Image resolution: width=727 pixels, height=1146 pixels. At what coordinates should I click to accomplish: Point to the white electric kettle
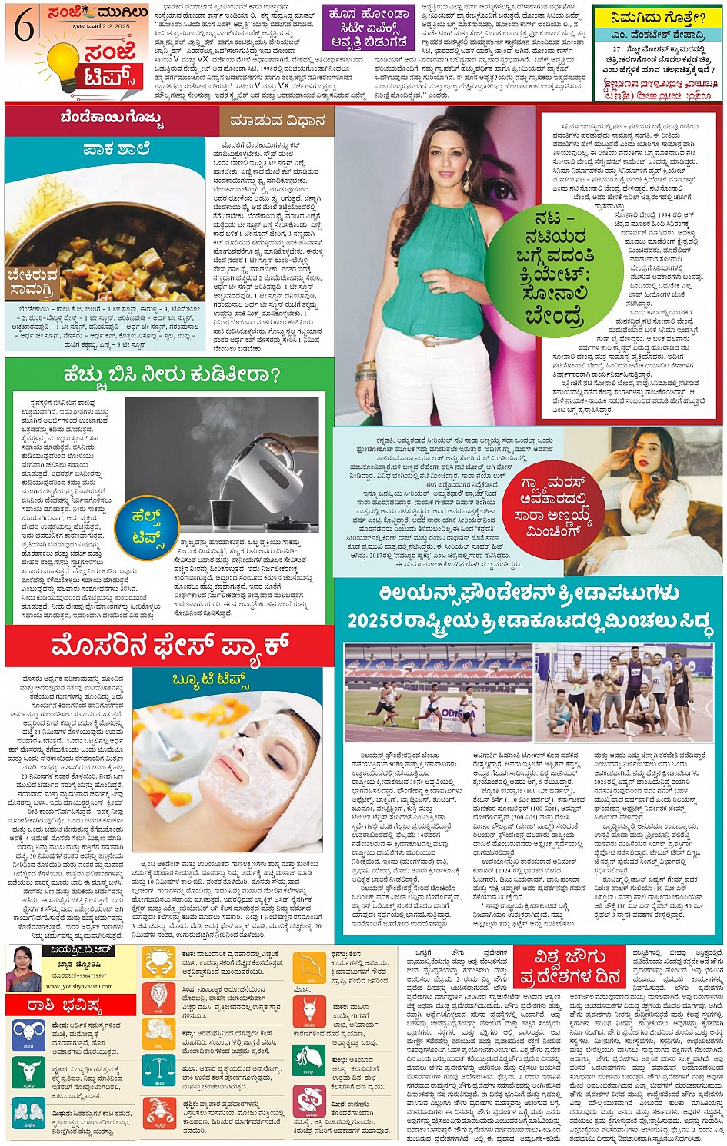click(265, 460)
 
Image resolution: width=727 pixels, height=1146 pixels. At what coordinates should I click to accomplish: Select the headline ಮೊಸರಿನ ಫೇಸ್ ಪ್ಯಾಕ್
click(169, 646)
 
